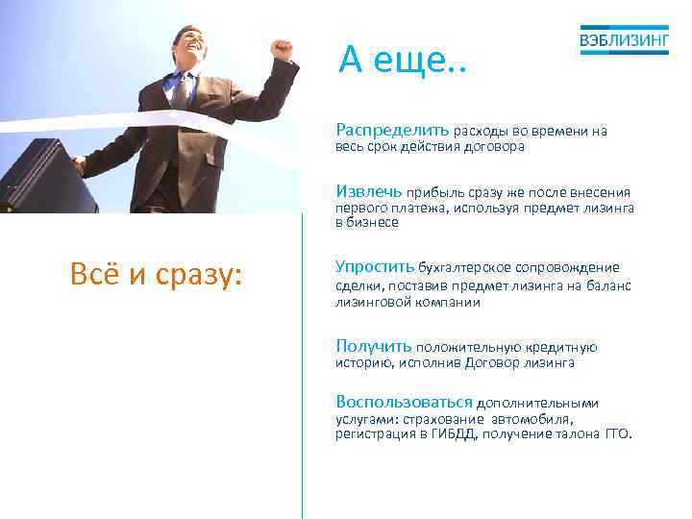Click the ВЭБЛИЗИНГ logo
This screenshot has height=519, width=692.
[x=625, y=39]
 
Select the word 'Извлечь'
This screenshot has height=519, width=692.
[x=368, y=190]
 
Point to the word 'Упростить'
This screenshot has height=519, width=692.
[x=375, y=266]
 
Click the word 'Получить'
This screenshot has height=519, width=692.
[x=373, y=346]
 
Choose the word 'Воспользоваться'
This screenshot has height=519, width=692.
[x=404, y=403]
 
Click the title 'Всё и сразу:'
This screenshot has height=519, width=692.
[x=157, y=275]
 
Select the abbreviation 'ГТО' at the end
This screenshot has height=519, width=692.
[x=617, y=434]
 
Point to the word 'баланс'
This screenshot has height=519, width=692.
[x=607, y=285]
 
